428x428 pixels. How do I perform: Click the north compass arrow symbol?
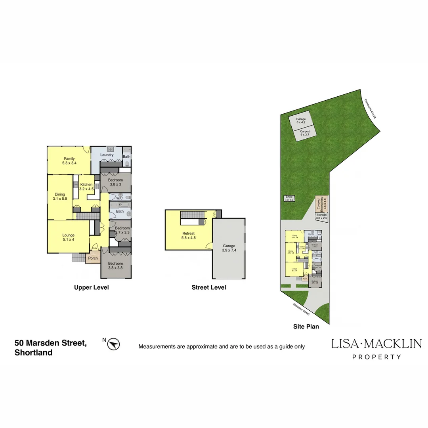(114, 344)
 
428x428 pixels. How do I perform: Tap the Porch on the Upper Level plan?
(93, 258)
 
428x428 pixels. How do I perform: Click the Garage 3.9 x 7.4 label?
(229, 248)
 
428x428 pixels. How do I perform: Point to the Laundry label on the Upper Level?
(107, 155)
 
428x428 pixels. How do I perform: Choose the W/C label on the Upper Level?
(119, 198)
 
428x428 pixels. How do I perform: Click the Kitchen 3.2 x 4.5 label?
(86, 187)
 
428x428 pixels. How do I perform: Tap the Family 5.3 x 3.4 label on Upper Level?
(69, 160)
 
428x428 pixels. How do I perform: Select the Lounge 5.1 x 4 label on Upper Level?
(68, 237)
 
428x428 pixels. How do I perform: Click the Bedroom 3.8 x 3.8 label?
(116, 266)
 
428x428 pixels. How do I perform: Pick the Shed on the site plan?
(289, 198)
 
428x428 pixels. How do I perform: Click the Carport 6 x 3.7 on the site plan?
(305, 133)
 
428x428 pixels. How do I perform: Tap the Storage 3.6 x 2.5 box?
(321, 216)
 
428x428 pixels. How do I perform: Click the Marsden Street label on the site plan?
(301, 309)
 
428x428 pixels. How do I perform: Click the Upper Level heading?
(91, 287)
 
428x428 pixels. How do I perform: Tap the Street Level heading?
(208, 287)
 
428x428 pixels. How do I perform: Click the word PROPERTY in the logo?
(376, 357)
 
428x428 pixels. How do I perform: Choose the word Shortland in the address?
(33, 353)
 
